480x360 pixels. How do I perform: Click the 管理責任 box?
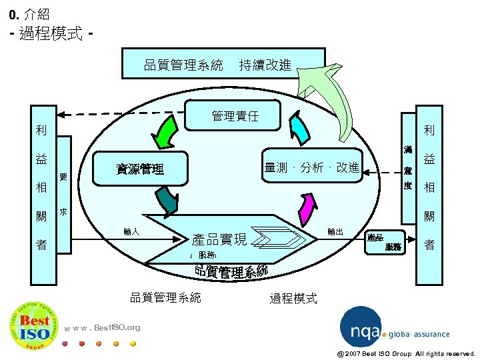pyautogui.click(x=235, y=116)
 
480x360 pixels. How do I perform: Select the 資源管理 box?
pyautogui.click(x=141, y=169)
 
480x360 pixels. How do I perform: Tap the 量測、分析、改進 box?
pyautogui.click(x=311, y=167)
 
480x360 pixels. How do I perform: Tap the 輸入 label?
pyautogui.click(x=131, y=232)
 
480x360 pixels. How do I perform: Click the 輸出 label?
pyautogui.click(x=335, y=232)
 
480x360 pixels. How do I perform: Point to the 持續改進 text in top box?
pyautogui.click(x=265, y=65)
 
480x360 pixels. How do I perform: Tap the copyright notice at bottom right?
pyautogui.click(x=406, y=353)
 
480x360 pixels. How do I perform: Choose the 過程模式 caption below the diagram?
pyautogui.click(x=293, y=298)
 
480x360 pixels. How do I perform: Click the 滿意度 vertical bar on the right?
pyautogui.click(x=407, y=170)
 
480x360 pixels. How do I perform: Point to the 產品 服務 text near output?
pyautogui.click(x=385, y=242)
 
